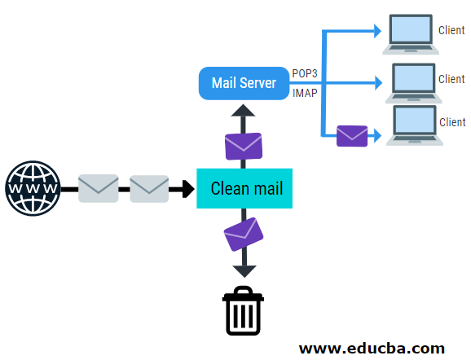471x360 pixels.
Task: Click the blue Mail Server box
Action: (244, 83)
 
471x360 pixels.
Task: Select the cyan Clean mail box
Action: (244, 188)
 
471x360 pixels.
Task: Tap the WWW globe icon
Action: (33, 188)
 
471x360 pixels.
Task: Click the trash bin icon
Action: (243, 310)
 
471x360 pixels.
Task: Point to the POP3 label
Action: (305, 73)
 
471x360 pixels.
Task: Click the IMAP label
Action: (305, 93)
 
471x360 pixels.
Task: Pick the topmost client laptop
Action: (411, 34)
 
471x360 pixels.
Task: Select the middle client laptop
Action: (414, 83)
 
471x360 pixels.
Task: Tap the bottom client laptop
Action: (415, 125)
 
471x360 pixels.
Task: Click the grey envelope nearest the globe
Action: (99, 188)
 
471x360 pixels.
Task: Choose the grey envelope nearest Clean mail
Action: (149, 189)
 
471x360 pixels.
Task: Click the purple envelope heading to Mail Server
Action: (244, 147)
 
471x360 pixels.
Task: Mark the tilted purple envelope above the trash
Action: (244, 235)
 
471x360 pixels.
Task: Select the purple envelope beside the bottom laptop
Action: (352, 136)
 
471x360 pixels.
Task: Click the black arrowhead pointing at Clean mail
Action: (188, 189)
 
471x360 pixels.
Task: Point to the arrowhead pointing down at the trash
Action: (244, 271)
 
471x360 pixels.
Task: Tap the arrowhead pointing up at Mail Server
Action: (243, 110)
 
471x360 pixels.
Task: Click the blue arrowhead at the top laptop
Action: (377, 31)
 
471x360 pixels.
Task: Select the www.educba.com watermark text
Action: (372, 349)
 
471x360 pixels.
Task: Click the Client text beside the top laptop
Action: (451, 30)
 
